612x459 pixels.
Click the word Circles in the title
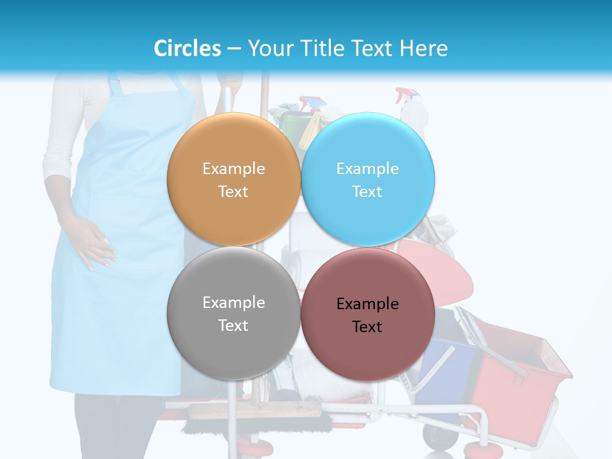coord(187,48)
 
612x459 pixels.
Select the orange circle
coord(233,180)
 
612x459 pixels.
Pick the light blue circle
coord(368,180)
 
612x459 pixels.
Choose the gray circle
coord(233,314)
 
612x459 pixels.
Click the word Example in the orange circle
coord(233,168)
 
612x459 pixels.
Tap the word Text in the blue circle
coord(367,191)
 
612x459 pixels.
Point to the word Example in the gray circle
coord(233,302)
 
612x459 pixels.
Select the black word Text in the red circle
coord(367,326)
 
